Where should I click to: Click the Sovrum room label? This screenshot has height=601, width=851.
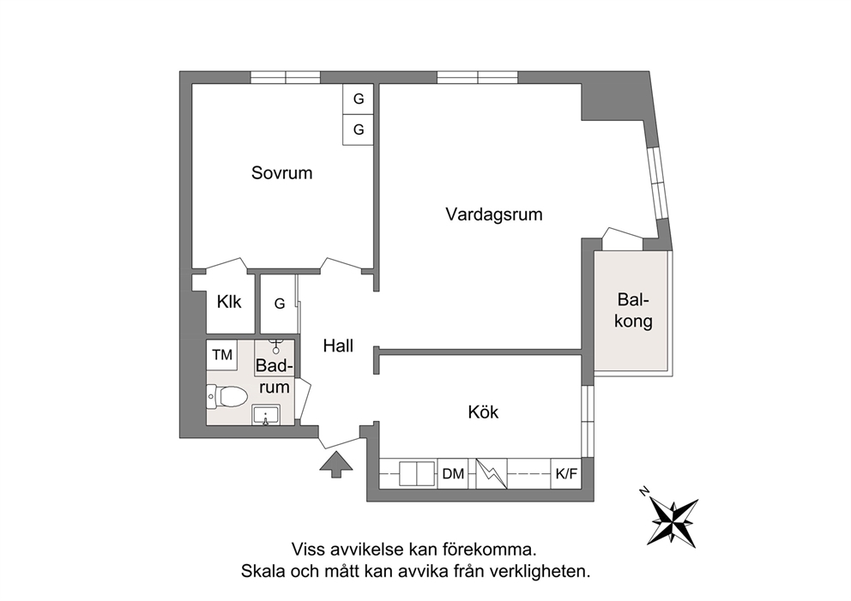click(281, 173)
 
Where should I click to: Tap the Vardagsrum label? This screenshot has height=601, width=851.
click(494, 214)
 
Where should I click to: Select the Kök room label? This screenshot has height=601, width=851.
click(483, 412)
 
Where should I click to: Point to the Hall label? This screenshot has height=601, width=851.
click(338, 346)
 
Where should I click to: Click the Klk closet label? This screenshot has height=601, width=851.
click(229, 302)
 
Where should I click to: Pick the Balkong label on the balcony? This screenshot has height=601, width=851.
click(633, 310)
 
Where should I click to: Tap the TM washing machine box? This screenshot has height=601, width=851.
click(222, 355)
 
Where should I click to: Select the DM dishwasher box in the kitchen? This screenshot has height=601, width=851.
click(453, 473)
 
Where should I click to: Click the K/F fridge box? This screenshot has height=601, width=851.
click(566, 473)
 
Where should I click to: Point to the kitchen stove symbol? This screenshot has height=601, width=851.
click(492, 473)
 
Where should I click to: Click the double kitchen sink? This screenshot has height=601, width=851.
click(417, 473)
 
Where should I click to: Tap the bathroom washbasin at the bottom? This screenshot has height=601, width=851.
click(266, 415)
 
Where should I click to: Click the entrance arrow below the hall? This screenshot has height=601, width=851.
click(336, 465)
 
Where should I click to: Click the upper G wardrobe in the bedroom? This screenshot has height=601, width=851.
click(359, 99)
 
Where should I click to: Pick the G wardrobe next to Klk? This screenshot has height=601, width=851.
click(280, 304)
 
